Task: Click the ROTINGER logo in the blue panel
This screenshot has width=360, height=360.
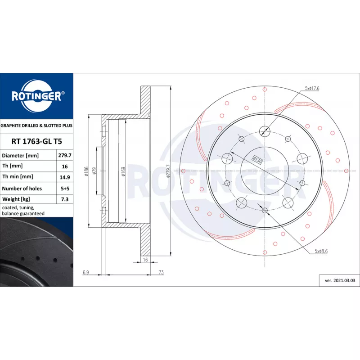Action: tap(37, 96)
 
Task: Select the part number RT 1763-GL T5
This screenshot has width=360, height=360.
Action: tap(37, 141)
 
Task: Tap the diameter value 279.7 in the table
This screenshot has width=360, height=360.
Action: tap(65, 155)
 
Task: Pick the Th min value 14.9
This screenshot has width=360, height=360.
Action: tap(65, 177)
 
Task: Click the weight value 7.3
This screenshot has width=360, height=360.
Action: tap(65, 199)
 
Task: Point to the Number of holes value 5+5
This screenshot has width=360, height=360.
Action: tap(65, 189)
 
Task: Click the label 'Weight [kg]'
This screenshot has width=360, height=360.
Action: tap(16, 199)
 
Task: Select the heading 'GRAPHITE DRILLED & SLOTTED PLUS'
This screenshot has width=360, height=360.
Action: tap(36, 126)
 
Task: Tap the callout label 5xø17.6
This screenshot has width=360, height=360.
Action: tap(312, 88)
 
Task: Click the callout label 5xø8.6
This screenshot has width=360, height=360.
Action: tap(321, 251)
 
